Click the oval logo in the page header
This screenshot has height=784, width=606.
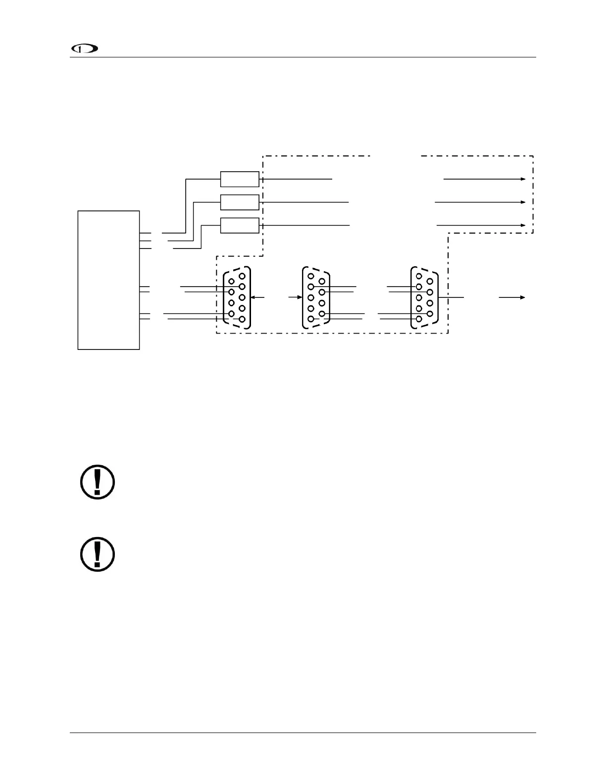click(85, 49)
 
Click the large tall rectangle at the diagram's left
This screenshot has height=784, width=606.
click(108, 280)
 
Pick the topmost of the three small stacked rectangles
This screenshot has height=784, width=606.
click(240, 179)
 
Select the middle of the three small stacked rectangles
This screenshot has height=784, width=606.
click(240, 202)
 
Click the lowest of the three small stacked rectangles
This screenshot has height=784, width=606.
click(240, 225)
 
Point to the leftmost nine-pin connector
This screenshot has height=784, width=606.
click(237, 297)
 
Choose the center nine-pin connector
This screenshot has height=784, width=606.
click(316, 297)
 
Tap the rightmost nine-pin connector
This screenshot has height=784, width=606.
click(424, 297)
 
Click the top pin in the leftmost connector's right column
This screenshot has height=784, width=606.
click(242, 276)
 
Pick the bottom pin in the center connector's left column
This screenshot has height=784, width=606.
click(310, 319)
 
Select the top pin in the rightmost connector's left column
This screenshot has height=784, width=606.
click(419, 276)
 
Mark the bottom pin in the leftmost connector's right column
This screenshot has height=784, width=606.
click(242, 319)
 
